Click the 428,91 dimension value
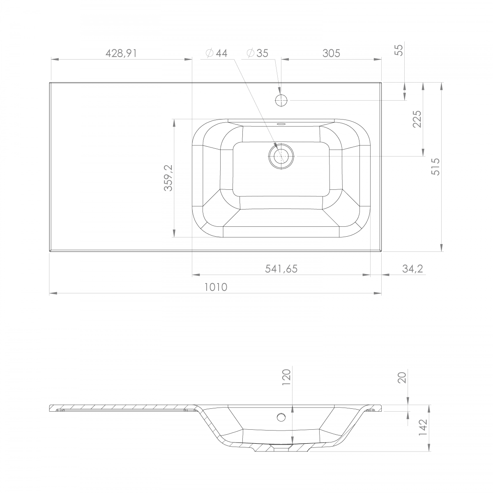[x=121, y=53]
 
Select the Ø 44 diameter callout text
[x=217, y=53]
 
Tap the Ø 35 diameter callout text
[x=257, y=53]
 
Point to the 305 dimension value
[x=331, y=53]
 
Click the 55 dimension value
[x=399, y=50]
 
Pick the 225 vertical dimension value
[x=417, y=119]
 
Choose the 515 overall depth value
[x=435, y=167]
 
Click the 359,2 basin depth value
[x=168, y=178]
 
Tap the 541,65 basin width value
[x=281, y=269]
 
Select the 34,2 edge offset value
[x=412, y=269]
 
